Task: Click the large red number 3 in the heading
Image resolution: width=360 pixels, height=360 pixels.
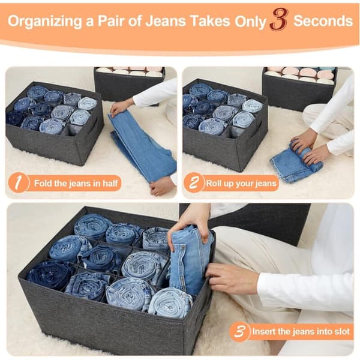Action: coord(278,22)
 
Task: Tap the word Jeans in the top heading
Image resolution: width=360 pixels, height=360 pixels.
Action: coord(166,21)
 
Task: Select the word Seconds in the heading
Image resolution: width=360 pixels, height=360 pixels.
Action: coord(323,21)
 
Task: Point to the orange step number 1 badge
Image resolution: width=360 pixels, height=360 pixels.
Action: coord(19,183)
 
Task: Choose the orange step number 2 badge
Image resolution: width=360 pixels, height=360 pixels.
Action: coord(194,183)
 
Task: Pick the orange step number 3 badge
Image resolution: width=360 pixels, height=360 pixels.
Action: coord(239,332)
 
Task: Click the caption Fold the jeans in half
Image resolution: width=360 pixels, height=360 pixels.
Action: coord(76,183)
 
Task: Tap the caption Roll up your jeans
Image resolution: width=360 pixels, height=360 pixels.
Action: coord(241,183)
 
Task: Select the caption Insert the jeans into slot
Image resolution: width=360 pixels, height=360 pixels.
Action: coord(301,332)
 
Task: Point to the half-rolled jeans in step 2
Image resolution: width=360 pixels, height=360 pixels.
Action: coord(296,162)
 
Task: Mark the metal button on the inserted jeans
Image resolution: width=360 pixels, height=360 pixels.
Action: coord(183,247)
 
